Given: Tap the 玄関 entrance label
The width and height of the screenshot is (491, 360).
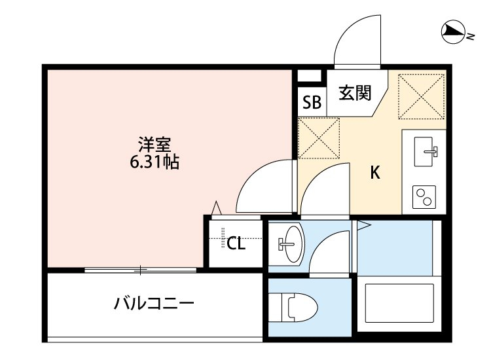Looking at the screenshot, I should point(354,92).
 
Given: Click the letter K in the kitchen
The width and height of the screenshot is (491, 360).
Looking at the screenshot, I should point(375,173).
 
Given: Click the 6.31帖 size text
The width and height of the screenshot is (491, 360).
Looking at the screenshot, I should point(154,162).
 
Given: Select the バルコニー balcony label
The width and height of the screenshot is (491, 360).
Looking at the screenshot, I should point(154,304).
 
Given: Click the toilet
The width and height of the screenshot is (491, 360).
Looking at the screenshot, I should point(297,307).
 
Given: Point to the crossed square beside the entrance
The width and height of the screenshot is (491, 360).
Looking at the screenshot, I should point(422,95).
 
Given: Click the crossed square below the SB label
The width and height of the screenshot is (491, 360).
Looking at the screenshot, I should point(319,137).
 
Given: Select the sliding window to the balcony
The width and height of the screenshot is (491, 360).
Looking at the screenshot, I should point(140,269).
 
